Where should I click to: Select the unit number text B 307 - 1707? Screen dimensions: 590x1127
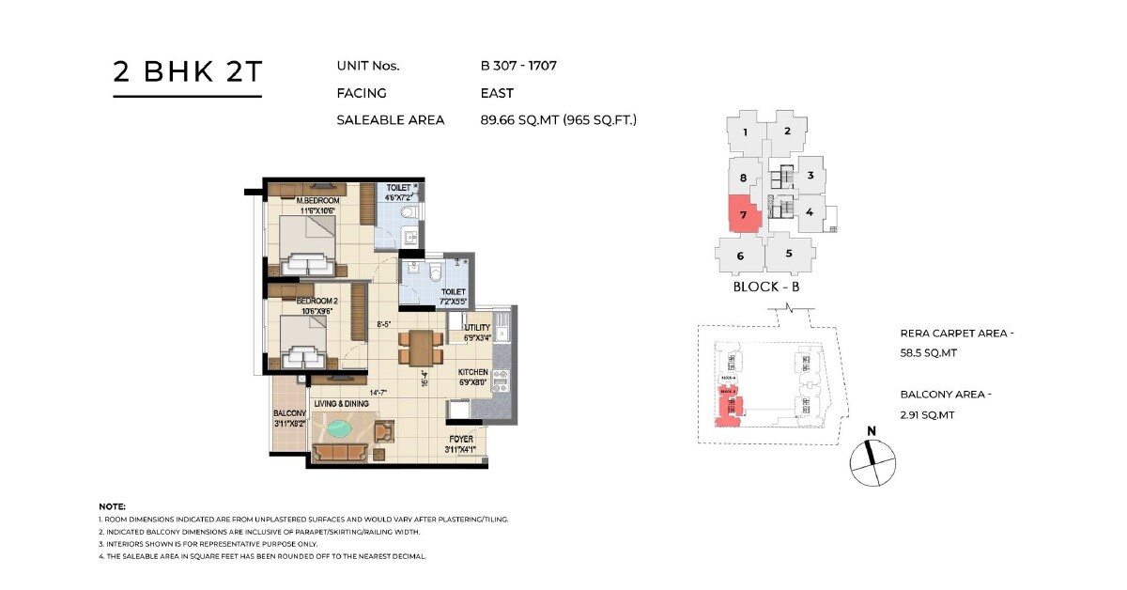[x=519, y=66]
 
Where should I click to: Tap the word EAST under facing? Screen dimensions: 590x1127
[x=497, y=93]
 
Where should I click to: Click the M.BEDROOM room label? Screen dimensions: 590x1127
[x=317, y=201]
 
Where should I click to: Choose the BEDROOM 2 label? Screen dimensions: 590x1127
[x=316, y=302]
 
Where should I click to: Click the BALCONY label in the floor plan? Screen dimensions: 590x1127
[x=289, y=413]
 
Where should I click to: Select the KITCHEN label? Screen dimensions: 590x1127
[x=473, y=371]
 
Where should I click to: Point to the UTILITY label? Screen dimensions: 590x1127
[x=477, y=327]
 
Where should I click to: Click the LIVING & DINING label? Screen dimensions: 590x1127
[x=341, y=404]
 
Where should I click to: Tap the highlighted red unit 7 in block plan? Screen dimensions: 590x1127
[x=742, y=214]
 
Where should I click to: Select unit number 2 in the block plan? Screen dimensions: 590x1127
[x=788, y=132]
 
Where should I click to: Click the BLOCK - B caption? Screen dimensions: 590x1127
[x=765, y=287]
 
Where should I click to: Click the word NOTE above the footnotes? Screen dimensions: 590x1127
[x=112, y=506]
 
